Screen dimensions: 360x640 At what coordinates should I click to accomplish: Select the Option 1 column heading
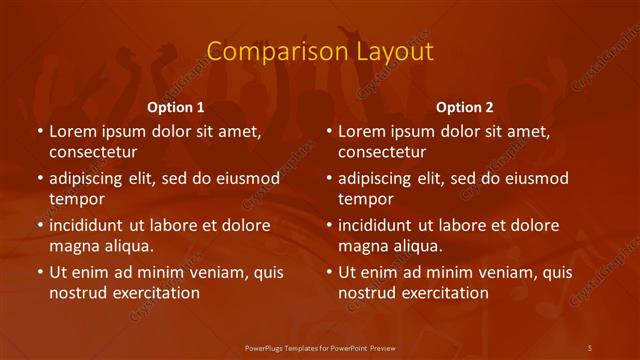176,107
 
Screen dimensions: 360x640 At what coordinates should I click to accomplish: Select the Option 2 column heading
465,107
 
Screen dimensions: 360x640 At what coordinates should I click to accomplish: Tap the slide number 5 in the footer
590,347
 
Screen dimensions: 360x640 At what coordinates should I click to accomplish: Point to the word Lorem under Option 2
362,131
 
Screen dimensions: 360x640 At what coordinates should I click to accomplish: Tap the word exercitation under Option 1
154,293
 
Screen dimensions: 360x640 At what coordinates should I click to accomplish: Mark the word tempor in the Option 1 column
75,199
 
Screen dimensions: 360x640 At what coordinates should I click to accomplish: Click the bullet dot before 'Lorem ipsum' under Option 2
328,131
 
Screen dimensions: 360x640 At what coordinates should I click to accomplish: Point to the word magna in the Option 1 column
73,246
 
